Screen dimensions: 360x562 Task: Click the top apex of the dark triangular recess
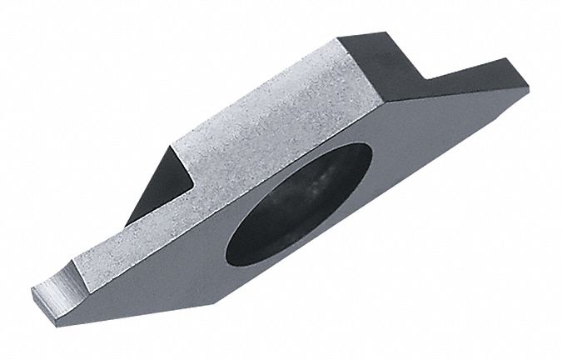pyautogui.click(x=176, y=143)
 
